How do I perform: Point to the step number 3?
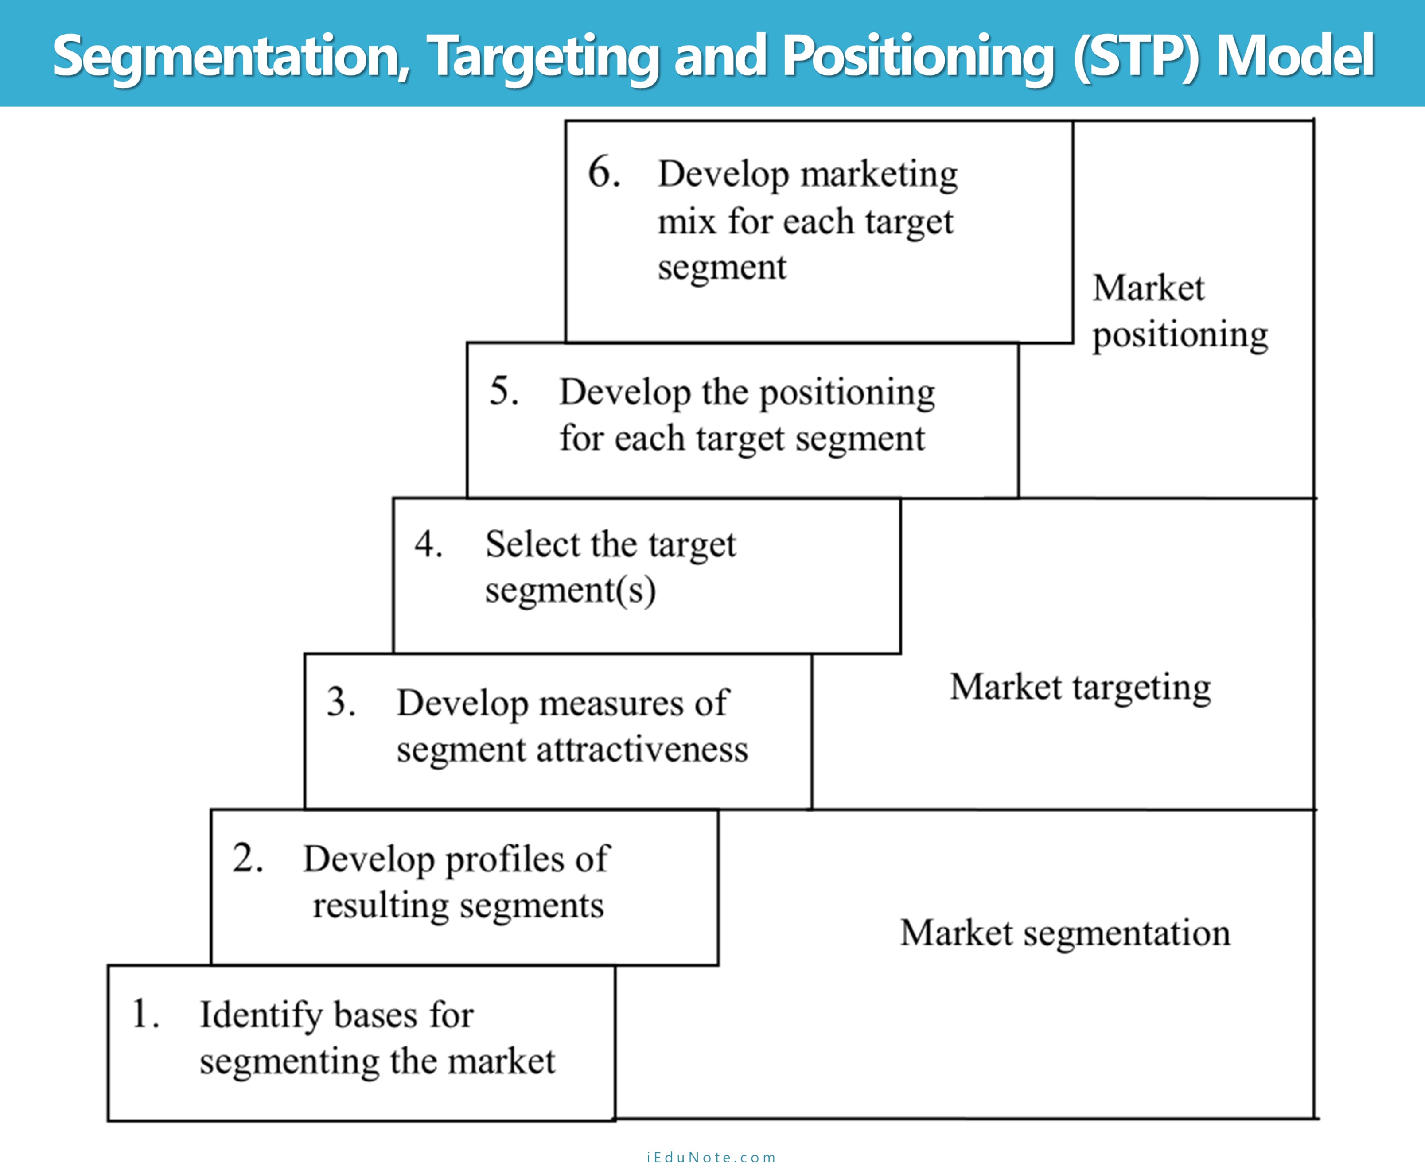(x=341, y=702)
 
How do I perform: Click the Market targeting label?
(x=1080, y=687)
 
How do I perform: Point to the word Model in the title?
(x=1295, y=55)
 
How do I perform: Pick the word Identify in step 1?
(x=261, y=1015)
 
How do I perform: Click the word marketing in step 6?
(x=879, y=175)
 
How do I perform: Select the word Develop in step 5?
(x=624, y=392)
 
